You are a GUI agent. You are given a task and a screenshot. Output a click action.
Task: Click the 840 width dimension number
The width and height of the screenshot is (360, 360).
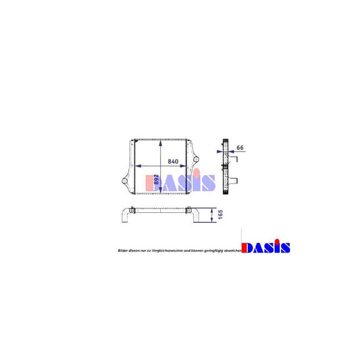click(173, 161)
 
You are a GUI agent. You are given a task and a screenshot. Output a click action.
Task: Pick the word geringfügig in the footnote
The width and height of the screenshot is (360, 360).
click(209, 250)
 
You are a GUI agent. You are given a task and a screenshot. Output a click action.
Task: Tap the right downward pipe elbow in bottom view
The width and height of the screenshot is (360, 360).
click(198, 217)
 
